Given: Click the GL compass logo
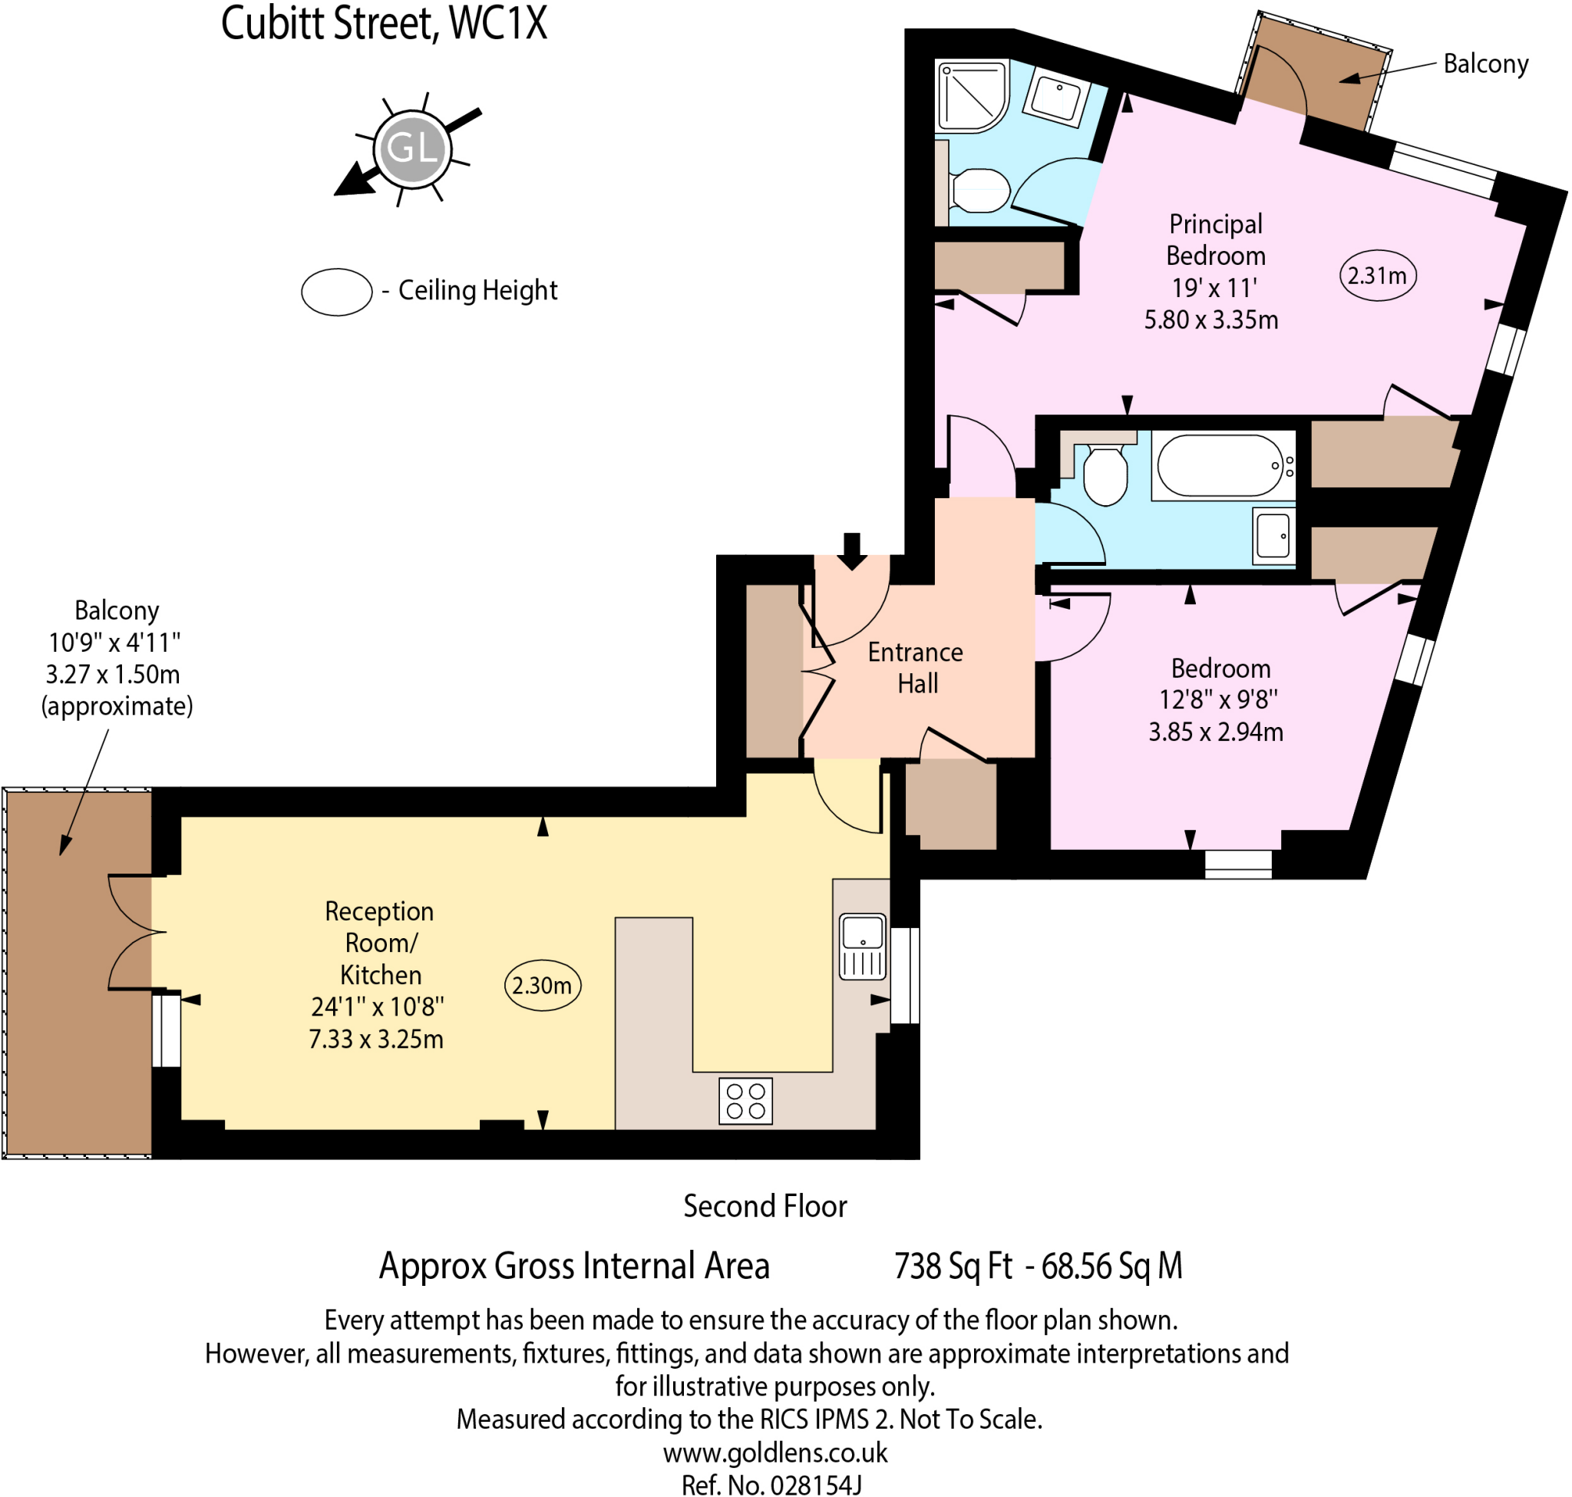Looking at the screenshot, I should pos(411,148).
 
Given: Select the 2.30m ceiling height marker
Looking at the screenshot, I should pos(543,985).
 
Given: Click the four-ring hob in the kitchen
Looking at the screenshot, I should pos(745,1100).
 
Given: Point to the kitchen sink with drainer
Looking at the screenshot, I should pos(863,947).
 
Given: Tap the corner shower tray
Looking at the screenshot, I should pos(970,96).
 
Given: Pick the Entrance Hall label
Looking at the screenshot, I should pos(915,667).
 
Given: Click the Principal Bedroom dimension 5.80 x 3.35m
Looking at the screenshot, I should pos(1210,319).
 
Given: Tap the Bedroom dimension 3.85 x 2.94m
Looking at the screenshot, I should pos(1215,731).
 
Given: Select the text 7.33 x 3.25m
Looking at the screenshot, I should pos(376,1039).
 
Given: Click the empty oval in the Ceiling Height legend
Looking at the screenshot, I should pos(336,291).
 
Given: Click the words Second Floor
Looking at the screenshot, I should pos(765,1206).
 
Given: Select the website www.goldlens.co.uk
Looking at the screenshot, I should pos(774,1452).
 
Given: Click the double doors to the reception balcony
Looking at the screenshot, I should pos(130,932).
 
